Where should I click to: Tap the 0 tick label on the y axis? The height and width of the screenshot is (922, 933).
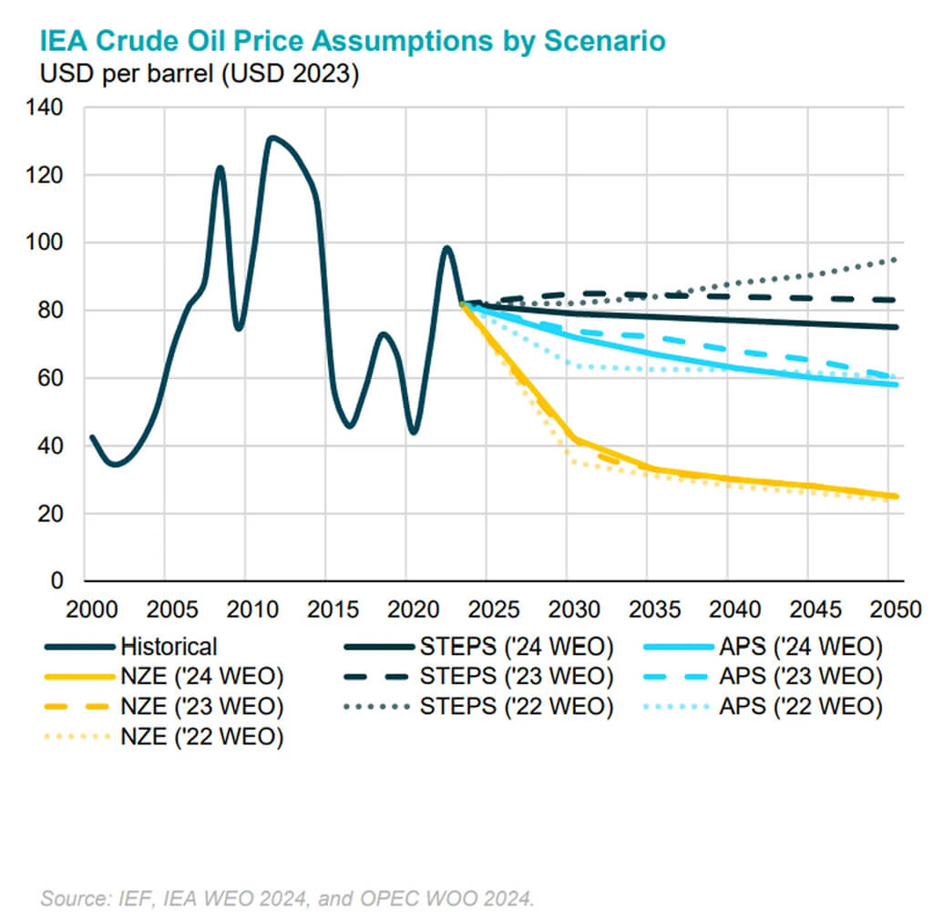[56, 581]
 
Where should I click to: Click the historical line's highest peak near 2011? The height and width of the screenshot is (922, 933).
[271, 138]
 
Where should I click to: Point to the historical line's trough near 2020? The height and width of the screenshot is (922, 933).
[414, 432]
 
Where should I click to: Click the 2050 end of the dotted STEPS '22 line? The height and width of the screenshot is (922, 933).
[897, 260]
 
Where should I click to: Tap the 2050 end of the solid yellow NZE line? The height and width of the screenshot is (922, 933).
[897, 497]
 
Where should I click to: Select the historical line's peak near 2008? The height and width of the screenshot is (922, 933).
[220, 168]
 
